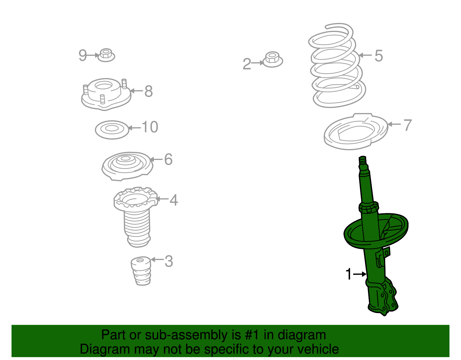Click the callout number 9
pos(82,55)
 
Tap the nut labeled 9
pos(106,55)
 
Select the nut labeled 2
pos(273,60)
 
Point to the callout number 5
pos(379,56)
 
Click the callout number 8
pos(148,91)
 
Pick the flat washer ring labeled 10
pos(112,130)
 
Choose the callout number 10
pos(150,127)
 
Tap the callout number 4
pos(174,200)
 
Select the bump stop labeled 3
pos(141,271)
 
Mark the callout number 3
pos(169,261)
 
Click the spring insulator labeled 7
pos(356,132)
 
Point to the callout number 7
pos(407,125)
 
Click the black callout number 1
pos(349,274)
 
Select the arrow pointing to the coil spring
pos(365,55)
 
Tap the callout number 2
pos(247,64)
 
